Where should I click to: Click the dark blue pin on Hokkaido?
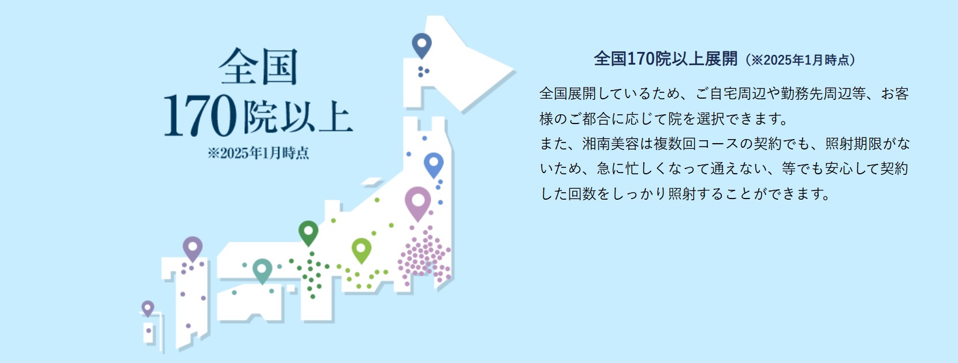point(422,44)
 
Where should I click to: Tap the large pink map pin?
point(418,202)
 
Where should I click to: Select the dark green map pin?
point(308,232)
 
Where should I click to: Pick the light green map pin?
point(361,249)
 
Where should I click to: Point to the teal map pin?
point(262,270)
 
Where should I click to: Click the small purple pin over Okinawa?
point(148,308)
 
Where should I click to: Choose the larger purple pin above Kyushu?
point(192,248)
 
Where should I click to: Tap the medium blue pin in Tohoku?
point(434,164)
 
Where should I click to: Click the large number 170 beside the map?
point(200,115)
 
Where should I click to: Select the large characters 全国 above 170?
point(258,66)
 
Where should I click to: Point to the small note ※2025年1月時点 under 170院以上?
point(258,152)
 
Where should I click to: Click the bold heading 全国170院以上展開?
point(666,59)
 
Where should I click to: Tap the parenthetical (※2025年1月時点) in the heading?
point(800,60)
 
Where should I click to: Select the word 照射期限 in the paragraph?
point(853,144)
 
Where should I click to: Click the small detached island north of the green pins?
point(371,182)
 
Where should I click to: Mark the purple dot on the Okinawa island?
point(149,331)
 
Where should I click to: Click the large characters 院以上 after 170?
point(299,117)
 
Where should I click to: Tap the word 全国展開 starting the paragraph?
point(568,93)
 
